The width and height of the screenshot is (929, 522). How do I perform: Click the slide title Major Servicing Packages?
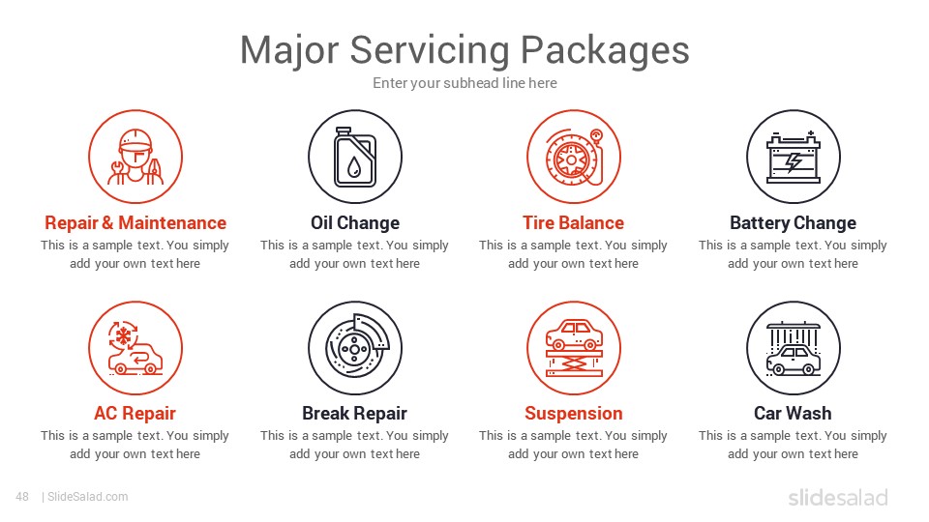pos(464,49)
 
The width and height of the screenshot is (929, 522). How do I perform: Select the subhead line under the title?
pos(464,83)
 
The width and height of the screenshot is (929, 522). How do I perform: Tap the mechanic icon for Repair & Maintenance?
pos(135,157)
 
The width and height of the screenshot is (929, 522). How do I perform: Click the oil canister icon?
pos(355,157)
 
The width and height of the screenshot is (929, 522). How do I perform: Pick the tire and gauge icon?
pos(574,157)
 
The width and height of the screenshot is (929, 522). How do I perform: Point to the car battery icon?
pos(794,158)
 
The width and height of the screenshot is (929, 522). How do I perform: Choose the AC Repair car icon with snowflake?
pos(135,348)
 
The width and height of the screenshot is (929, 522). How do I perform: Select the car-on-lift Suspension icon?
pos(574,348)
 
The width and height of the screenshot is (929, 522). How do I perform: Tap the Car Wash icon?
pos(794,349)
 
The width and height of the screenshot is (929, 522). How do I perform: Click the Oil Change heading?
pos(355,222)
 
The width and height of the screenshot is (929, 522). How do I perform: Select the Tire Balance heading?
pos(574,222)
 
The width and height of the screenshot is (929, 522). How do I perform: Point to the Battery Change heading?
pos(794,223)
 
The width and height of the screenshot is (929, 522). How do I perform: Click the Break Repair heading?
pos(355,413)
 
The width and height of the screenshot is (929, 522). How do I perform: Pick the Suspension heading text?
pos(574,413)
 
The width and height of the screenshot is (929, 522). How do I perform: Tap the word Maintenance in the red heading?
pos(172,222)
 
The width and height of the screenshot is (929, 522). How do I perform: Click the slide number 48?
pos(22,497)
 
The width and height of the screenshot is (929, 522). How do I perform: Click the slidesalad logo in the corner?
pos(838,497)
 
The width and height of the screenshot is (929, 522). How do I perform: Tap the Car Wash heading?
pos(793,413)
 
